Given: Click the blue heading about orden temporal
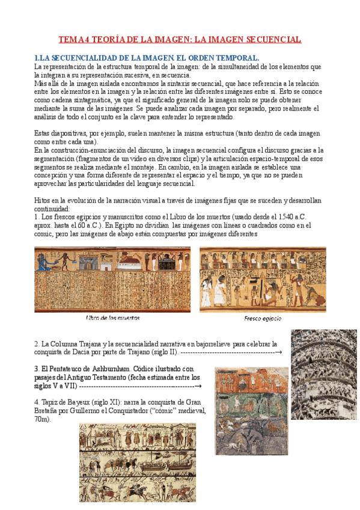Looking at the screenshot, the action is [x=147, y=57].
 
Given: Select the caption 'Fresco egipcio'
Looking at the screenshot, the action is [x=263, y=318].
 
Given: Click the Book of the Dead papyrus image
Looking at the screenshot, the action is [x=112, y=279].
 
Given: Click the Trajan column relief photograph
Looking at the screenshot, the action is [x=324, y=374].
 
